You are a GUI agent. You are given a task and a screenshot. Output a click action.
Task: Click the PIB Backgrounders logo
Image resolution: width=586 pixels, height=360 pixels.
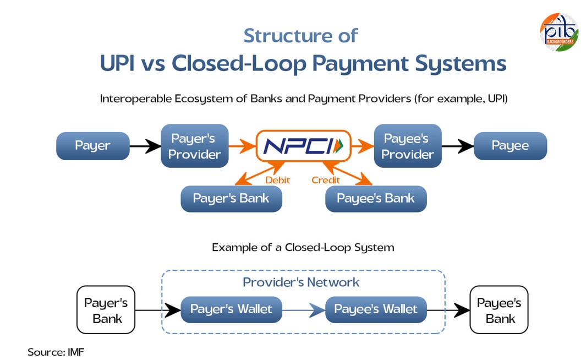[x=559, y=32]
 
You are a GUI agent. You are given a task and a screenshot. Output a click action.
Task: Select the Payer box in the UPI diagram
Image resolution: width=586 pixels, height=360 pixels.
[x=92, y=146]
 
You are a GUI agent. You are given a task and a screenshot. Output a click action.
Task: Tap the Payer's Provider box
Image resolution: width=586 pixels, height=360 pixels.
[x=194, y=146]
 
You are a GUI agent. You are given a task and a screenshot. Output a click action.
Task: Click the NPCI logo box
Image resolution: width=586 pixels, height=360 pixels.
[x=303, y=146]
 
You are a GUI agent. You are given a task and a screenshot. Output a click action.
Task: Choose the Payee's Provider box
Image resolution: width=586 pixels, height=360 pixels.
[x=407, y=146]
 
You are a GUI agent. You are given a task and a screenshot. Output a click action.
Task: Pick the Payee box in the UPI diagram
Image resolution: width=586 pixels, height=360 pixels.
[x=510, y=146]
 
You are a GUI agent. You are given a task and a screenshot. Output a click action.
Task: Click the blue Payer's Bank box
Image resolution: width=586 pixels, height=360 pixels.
[x=231, y=199]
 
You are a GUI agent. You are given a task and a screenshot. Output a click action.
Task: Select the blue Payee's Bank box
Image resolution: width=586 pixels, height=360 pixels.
[x=376, y=199]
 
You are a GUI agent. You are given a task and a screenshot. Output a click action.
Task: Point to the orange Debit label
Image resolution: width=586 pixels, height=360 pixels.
[x=277, y=180]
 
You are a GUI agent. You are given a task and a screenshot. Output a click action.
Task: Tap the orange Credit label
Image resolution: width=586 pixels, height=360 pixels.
[x=326, y=180]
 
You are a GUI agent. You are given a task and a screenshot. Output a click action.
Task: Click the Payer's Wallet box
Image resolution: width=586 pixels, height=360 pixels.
[x=231, y=309]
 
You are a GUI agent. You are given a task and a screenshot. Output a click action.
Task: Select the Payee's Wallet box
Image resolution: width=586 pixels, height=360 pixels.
[x=376, y=309]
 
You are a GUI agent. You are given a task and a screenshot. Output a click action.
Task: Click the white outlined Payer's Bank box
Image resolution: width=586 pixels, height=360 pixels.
[x=106, y=310]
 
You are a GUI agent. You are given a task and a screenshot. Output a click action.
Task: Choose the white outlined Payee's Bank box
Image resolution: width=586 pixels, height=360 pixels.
[x=499, y=310]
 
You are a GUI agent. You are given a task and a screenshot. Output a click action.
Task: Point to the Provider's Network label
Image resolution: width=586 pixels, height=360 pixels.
[x=301, y=282]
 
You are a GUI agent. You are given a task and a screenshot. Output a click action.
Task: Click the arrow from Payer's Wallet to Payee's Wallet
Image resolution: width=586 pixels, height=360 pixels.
[x=303, y=310]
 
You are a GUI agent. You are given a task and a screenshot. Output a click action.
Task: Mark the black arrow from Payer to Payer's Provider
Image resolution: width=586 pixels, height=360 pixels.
[x=145, y=146]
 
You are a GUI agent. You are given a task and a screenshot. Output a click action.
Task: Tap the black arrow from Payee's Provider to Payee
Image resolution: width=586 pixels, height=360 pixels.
[x=457, y=146]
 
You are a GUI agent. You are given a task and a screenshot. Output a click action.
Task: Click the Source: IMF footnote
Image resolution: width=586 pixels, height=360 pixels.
[x=56, y=351]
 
